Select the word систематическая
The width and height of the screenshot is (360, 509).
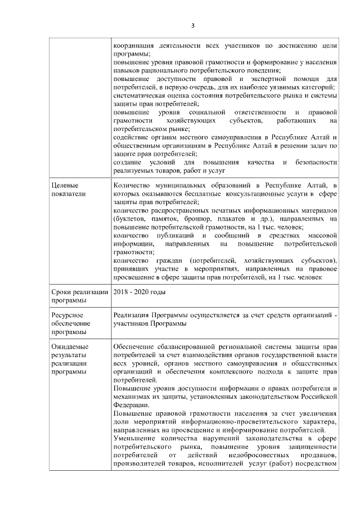(141, 97)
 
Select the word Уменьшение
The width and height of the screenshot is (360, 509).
(137, 438)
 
